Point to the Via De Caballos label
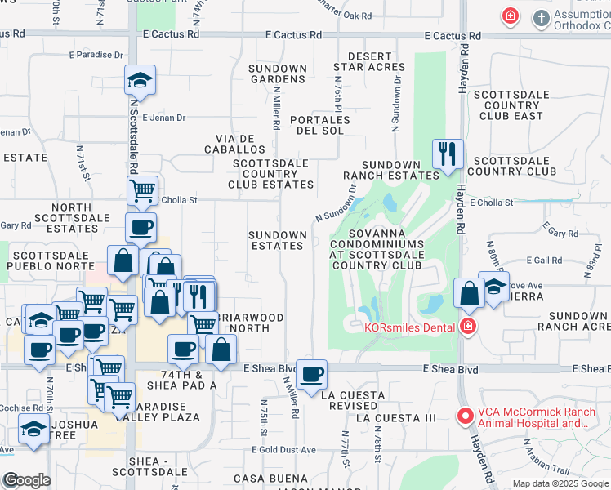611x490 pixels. point(241,145)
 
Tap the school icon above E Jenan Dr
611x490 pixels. point(140,81)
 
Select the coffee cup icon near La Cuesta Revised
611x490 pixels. point(310,376)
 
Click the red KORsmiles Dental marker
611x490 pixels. point(467,327)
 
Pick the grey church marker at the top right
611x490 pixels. point(541,17)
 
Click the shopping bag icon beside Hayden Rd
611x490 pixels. point(469,294)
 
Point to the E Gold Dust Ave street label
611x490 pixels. point(283,450)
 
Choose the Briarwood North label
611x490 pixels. point(251,323)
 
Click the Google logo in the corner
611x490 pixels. point(27,480)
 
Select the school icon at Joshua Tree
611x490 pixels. point(33,429)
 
